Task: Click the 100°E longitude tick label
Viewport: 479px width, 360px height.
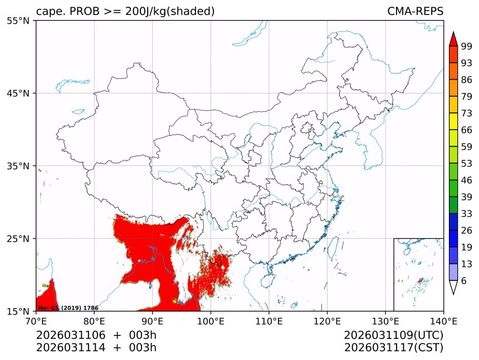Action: click(211, 320)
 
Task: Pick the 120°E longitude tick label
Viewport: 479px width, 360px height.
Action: click(327, 320)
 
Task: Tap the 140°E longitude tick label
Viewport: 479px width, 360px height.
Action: click(443, 320)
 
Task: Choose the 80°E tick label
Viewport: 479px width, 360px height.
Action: click(94, 320)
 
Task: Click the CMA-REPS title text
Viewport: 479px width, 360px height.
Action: click(415, 11)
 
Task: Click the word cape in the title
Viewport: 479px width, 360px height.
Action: click(48, 11)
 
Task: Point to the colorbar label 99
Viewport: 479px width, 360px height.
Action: click(467, 46)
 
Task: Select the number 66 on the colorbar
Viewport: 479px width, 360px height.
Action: click(467, 130)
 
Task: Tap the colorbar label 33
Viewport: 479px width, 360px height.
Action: click(467, 214)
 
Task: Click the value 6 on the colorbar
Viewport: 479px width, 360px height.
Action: click(464, 281)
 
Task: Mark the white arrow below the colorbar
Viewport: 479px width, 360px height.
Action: click(453, 287)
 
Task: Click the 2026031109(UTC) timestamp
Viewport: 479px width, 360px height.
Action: click(393, 336)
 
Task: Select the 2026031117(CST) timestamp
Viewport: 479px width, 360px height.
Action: click(393, 348)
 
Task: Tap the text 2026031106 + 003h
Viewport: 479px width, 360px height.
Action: click(96, 336)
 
